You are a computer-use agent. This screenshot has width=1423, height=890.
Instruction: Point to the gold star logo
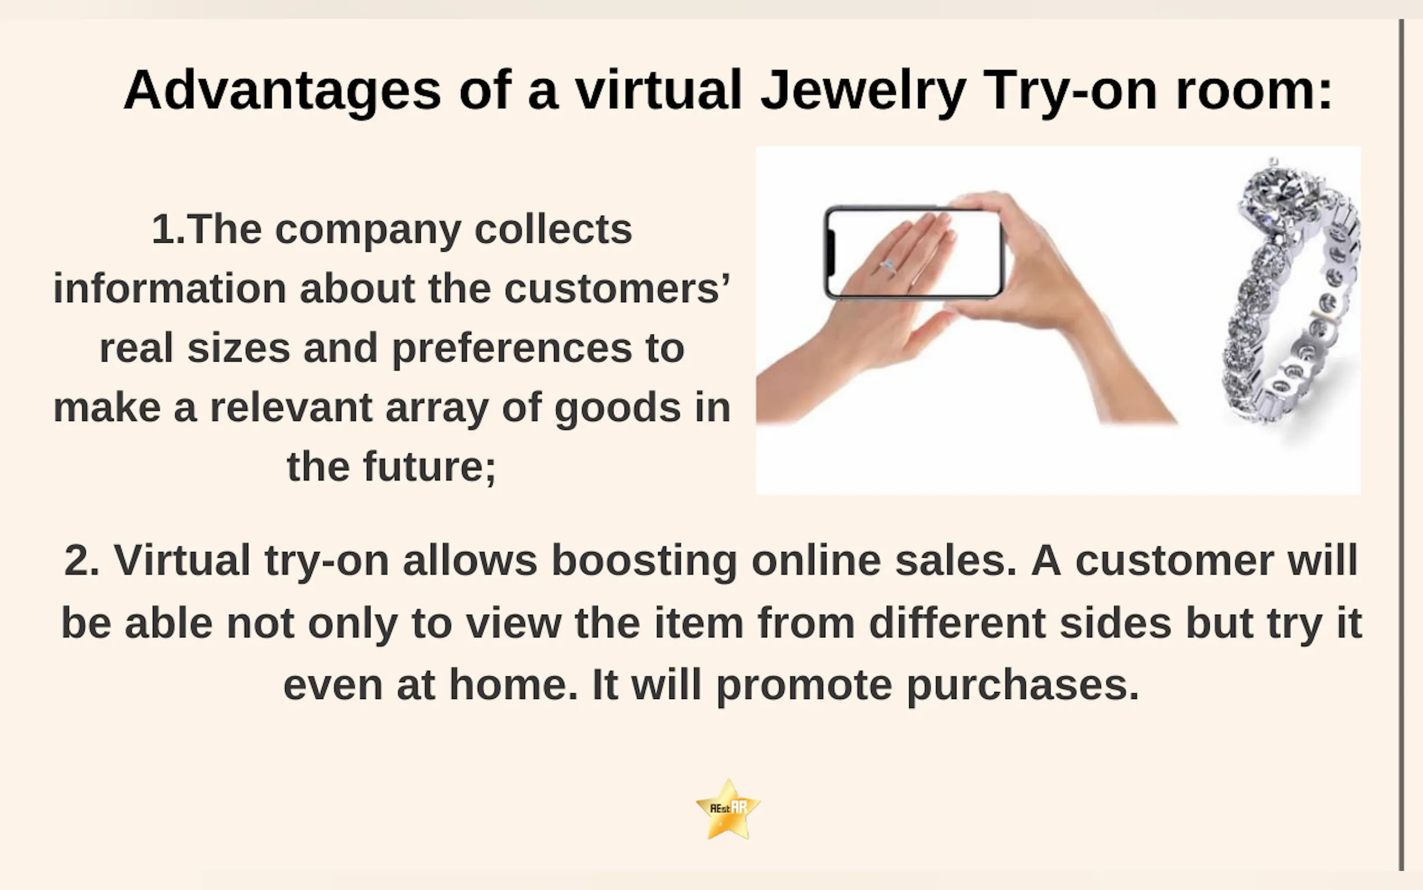[728, 809]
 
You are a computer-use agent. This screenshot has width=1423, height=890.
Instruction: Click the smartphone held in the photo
[914, 253]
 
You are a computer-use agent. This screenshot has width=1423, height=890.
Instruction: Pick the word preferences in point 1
[512, 349]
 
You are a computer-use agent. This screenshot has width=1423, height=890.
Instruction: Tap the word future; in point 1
[430, 466]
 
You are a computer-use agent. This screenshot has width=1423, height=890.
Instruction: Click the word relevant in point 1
[291, 407]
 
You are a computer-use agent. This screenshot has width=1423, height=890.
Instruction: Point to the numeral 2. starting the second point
[82, 560]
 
